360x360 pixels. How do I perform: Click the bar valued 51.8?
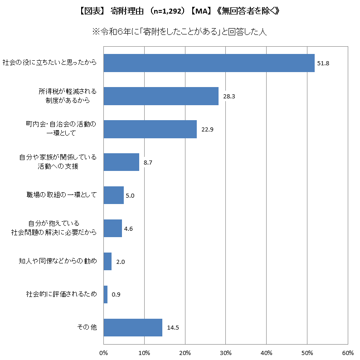(209, 63)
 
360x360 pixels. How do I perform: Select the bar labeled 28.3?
(161, 96)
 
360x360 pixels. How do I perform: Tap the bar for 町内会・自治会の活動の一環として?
(150, 129)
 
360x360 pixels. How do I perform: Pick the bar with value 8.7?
(121, 162)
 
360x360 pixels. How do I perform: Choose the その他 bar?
(133, 327)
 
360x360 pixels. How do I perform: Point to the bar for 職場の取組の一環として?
(113, 195)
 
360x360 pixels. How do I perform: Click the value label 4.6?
(128, 229)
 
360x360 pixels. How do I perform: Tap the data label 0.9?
(116, 295)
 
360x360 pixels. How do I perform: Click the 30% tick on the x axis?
(225, 353)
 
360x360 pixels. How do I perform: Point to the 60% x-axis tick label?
(348, 353)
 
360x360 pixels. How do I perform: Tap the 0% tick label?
(103, 353)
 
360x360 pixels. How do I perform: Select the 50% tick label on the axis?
(307, 353)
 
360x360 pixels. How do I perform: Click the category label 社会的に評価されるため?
(61, 294)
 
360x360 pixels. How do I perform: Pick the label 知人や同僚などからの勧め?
(58, 261)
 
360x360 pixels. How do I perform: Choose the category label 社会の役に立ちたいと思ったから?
(49, 63)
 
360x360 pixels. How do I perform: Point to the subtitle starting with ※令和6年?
(180, 32)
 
